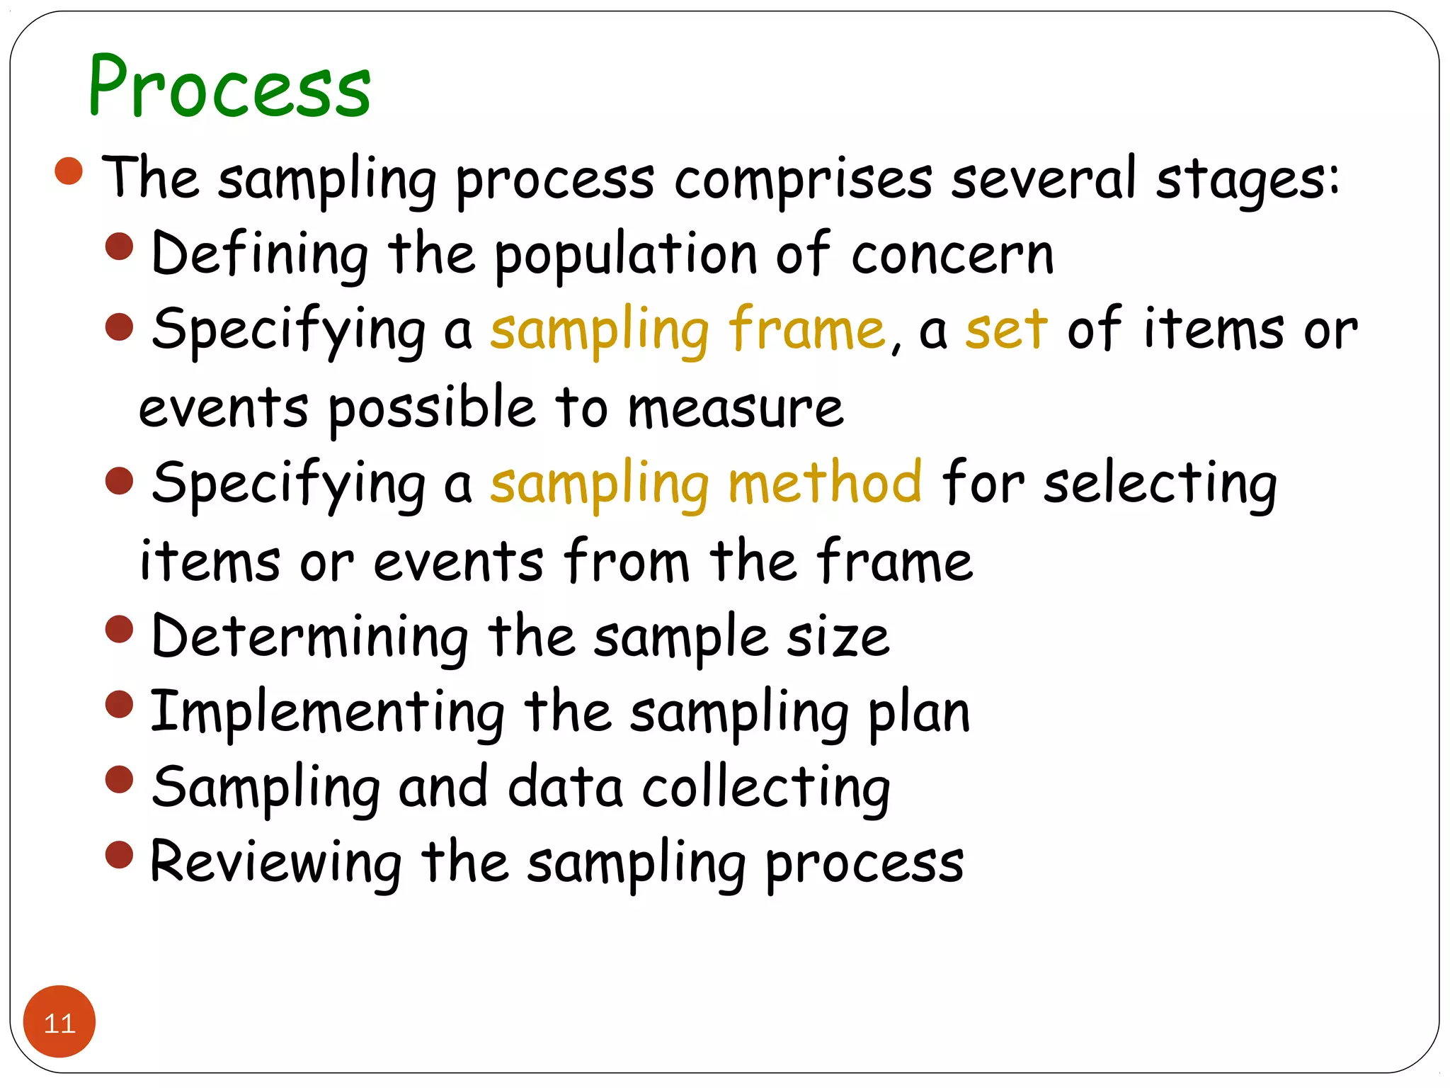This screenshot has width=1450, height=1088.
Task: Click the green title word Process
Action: pyautogui.click(x=229, y=87)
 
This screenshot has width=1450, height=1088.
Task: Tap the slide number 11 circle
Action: pyautogui.click(x=59, y=1021)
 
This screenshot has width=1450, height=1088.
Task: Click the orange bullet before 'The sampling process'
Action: pyautogui.click(x=69, y=171)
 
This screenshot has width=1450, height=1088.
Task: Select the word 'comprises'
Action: pyautogui.click(x=803, y=180)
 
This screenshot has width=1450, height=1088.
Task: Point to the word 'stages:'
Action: pyautogui.click(x=1248, y=180)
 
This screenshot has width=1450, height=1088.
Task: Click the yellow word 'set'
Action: pyautogui.click(x=1006, y=330)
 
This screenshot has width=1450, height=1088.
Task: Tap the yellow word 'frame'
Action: pyautogui.click(x=806, y=330)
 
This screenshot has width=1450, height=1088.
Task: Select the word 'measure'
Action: pyautogui.click(x=736, y=409)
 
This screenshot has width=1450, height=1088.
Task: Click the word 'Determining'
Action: pyautogui.click(x=310, y=637)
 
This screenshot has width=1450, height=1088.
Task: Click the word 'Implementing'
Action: pyautogui.click(x=328, y=713)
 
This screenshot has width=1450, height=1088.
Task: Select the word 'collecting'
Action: pyautogui.click(x=766, y=789)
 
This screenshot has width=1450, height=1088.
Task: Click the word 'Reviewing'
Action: pyautogui.click(x=276, y=864)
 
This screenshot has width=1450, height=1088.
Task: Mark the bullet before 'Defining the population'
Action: pyautogui.click(x=119, y=246)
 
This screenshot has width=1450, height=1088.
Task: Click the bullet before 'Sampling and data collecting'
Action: pyautogui.click(x=119, y=779)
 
